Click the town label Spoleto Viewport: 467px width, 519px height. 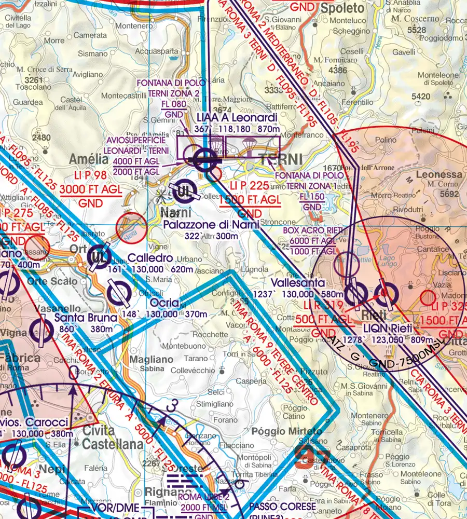tap(342, 8)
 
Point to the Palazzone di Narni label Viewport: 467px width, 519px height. tap(211, 225)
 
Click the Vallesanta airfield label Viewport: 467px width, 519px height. tap(300, 283)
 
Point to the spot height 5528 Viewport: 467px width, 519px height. tap(417, 31)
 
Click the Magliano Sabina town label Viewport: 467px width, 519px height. tap(144, 363)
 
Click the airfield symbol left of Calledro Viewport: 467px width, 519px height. tap(99, 256)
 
